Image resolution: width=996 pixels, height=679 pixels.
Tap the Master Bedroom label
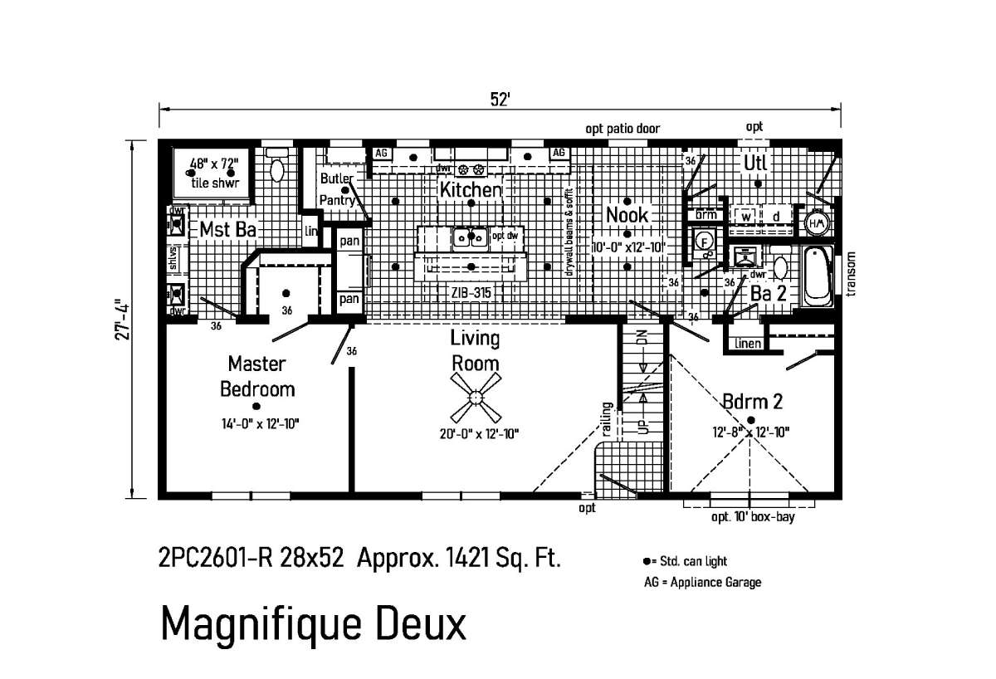coord(257,375)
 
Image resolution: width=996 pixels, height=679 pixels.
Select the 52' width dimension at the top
coord(499,99)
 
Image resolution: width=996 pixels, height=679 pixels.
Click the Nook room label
coord(627,215)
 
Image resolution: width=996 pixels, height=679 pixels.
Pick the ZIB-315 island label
coord(471,293)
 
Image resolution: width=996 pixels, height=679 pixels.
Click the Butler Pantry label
coord(337,188)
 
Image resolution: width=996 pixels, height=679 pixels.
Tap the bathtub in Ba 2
coord(818,274)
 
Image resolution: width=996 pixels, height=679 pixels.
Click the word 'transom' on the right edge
coord(852,274)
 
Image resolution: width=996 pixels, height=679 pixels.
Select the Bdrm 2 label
coord(752,402)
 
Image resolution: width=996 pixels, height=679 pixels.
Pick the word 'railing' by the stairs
coord(608,419)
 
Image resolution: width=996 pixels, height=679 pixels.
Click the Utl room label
coord(755,161)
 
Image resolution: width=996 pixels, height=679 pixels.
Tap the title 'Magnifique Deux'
coord(313,623)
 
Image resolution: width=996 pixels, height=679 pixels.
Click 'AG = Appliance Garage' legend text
coord(702,582)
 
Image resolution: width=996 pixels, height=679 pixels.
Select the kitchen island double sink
coord(471,237)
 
